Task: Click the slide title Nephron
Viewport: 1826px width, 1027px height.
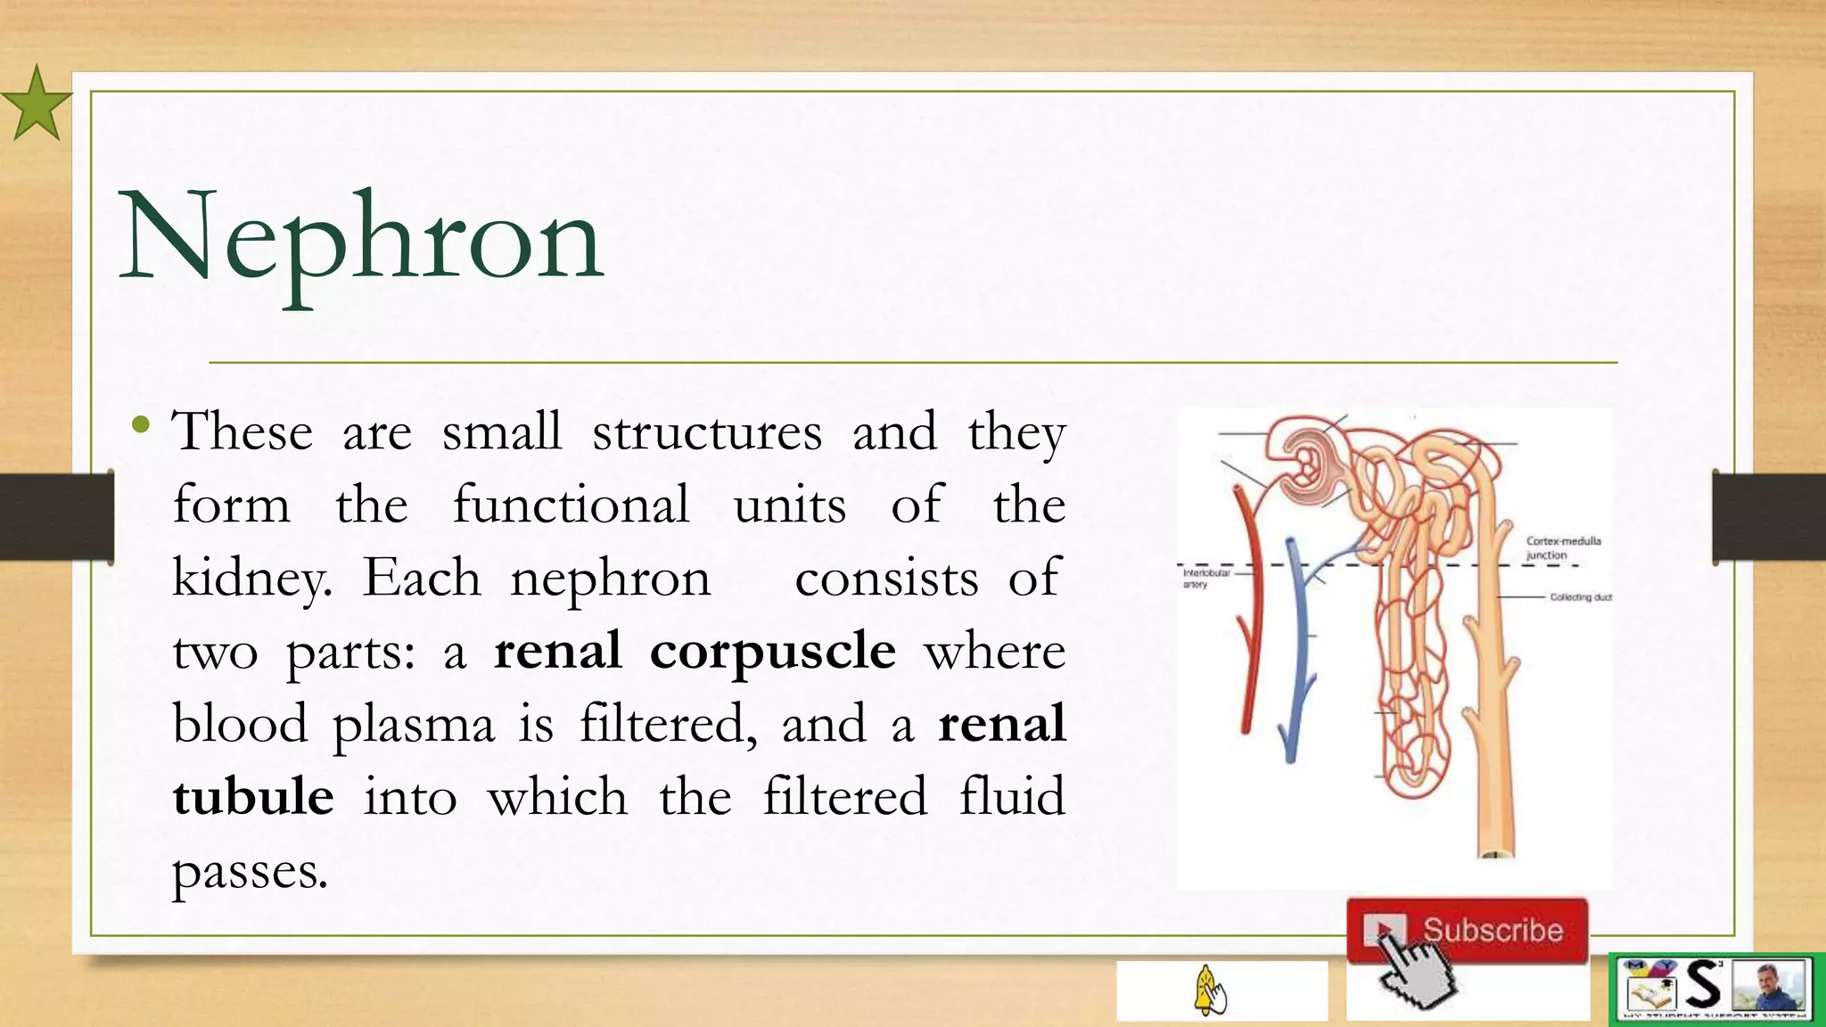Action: pos(361,239)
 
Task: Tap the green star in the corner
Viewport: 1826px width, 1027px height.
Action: pos(36,104)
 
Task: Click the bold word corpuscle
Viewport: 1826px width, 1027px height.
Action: pos(772,651)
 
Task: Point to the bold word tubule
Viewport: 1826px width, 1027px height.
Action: pos(253,796)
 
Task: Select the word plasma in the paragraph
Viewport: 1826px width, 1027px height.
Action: pos(413,724)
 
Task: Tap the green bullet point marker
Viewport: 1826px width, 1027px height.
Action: pos(140,425)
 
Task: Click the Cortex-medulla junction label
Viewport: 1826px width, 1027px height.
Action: pos(1562,547)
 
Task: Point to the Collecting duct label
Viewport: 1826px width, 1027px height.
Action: pos(1580,597)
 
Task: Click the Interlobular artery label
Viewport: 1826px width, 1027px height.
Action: pos(1205,579)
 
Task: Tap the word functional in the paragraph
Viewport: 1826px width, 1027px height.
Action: pos(571,505)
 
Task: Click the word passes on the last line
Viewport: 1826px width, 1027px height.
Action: pos(250,872)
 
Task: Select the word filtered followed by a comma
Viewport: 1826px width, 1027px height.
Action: pos(667,724)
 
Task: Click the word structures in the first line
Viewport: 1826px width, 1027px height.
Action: pos(706,432)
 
